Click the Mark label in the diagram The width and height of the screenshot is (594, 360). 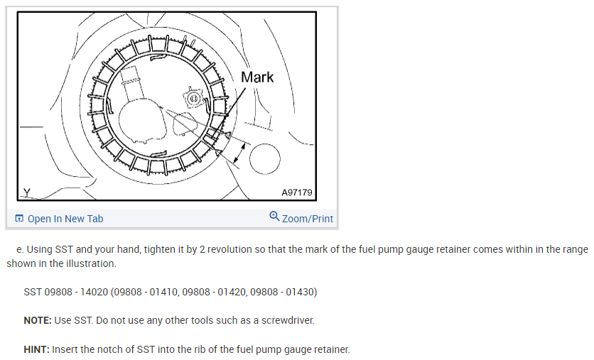coord(257,77)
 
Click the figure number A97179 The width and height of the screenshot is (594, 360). coord(296,192)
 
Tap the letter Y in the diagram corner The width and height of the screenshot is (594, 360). coord(26,192)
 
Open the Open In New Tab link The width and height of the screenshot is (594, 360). coord(65,219)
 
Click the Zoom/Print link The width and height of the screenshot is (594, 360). coord(308,219)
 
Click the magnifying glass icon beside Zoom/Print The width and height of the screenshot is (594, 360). coord(274,217)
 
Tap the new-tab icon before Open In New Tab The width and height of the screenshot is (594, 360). coord(19,219)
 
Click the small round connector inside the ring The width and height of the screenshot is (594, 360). coord(194,99)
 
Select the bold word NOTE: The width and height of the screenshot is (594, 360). coord(38,320)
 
